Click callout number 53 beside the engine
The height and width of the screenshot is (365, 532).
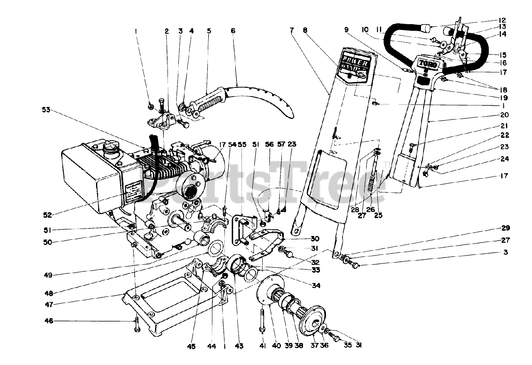47,111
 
